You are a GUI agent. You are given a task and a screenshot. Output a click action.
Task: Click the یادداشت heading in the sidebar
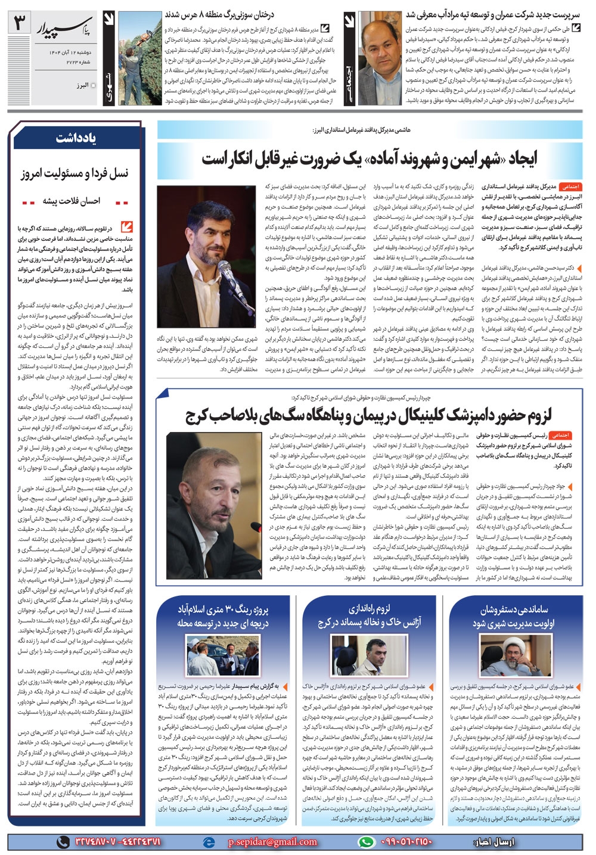[75, 138]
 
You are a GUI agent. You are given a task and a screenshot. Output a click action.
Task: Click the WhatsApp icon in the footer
[365, 842]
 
